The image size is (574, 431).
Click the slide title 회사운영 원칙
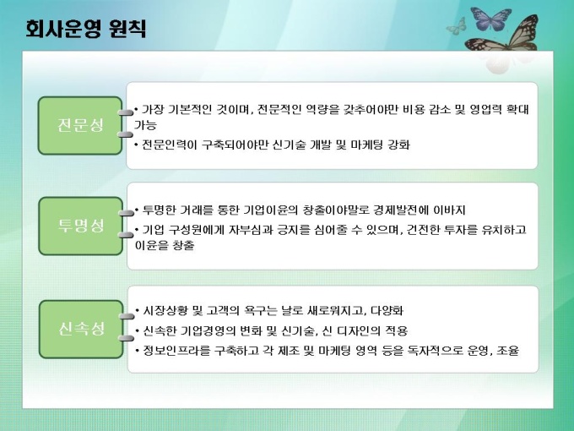pos(86,29)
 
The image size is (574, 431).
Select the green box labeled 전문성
pos(80,125)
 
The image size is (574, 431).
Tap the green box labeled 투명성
pos(80,226)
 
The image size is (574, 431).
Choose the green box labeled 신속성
pos(81,329)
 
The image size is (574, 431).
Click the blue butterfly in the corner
pos(490,19)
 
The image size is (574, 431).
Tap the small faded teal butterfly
pos(457,26)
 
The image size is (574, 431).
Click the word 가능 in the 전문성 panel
pos(145,125)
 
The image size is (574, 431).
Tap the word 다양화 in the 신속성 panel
pos(387,311)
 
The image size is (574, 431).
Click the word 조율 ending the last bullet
pos(508,351)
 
